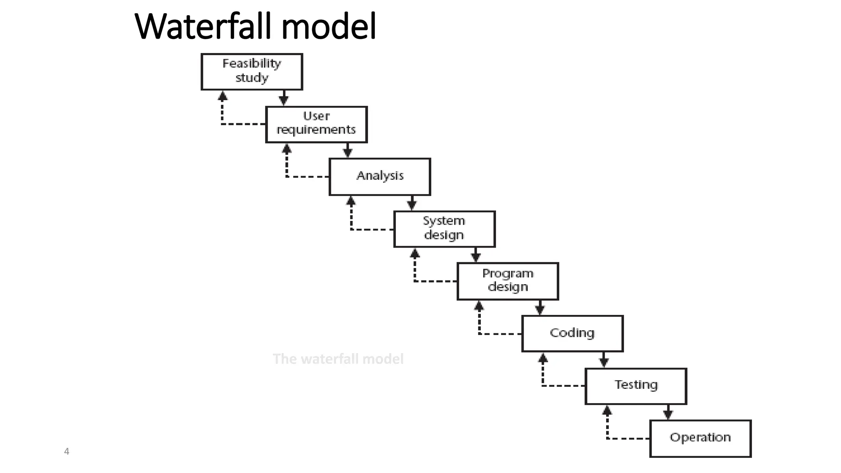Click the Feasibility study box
tap(252, 71)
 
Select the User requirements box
tap(316, 124)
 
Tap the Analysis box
tap(380, 177)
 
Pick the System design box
tap(444, 229)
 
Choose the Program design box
tap(508, 281)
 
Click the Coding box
tap(572, 333)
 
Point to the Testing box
tap(636, 386)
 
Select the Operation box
tap(700, 438)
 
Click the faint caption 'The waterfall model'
tap(338, 359)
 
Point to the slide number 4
tap(67, 452)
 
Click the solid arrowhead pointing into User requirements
tap(284, 100)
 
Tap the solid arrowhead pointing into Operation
tap(668, 414)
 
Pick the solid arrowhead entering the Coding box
tap(540, 310)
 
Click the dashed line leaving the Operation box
tap(628, 439)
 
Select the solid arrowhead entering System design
tap(412, 205)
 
